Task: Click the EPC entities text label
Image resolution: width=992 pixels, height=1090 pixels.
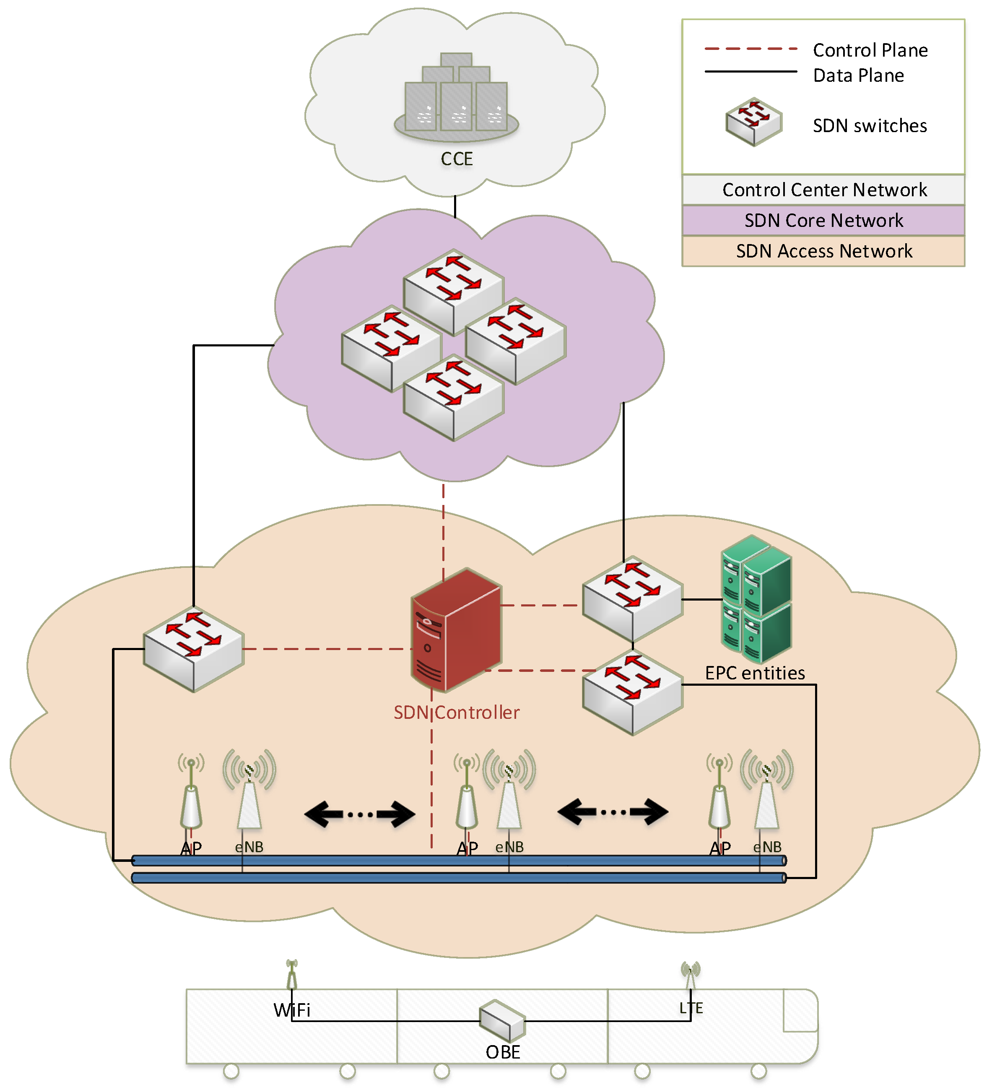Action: pos(755,673)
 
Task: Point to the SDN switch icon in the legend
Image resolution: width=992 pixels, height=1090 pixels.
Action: pos(753,122)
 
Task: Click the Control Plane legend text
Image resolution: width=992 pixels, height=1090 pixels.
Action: pos(870,50)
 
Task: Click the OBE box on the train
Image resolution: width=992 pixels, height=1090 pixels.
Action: pos(502,1021)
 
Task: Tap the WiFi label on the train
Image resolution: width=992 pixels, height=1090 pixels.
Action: pos(292,1010)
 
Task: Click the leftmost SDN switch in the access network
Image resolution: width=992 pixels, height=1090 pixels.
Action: pos(194,649)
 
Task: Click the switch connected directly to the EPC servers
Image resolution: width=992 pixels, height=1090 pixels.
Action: pos(633,598)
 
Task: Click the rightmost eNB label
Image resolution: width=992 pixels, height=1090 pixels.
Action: pos(767,847)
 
